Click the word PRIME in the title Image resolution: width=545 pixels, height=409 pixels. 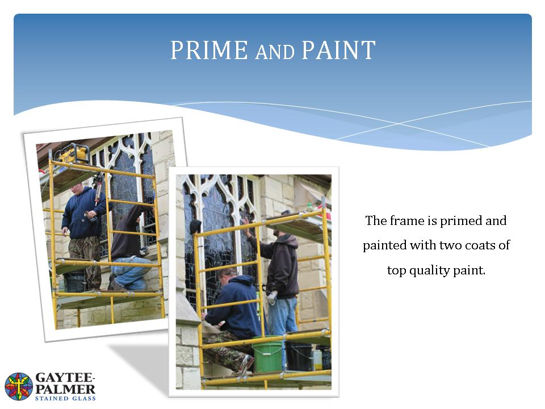pos(209,50)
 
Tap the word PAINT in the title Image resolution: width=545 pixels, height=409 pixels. pos(338,50)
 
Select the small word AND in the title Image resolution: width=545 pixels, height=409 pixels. pos(275,52)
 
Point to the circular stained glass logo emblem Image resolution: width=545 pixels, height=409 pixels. pos(19,386)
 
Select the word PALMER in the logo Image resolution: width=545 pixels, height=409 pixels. pos(65,389)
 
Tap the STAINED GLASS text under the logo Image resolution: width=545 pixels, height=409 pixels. pos(65,399)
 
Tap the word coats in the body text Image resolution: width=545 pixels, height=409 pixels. pos(480,245)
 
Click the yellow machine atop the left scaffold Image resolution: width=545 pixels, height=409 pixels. pos(74,154)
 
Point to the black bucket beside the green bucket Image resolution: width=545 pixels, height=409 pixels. pos(300,357)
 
